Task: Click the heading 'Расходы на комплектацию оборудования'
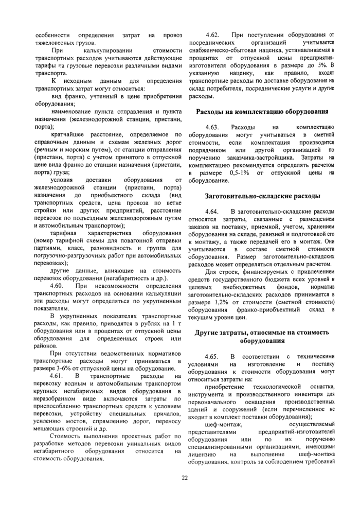pyautogui.click(x=262, y=112)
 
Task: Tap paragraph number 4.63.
pyautogui.click(x=213, y=127)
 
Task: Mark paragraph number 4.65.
pyautogui.click(x=213, y=356)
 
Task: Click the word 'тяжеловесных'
pyautogui.click(x=56, y=42)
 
